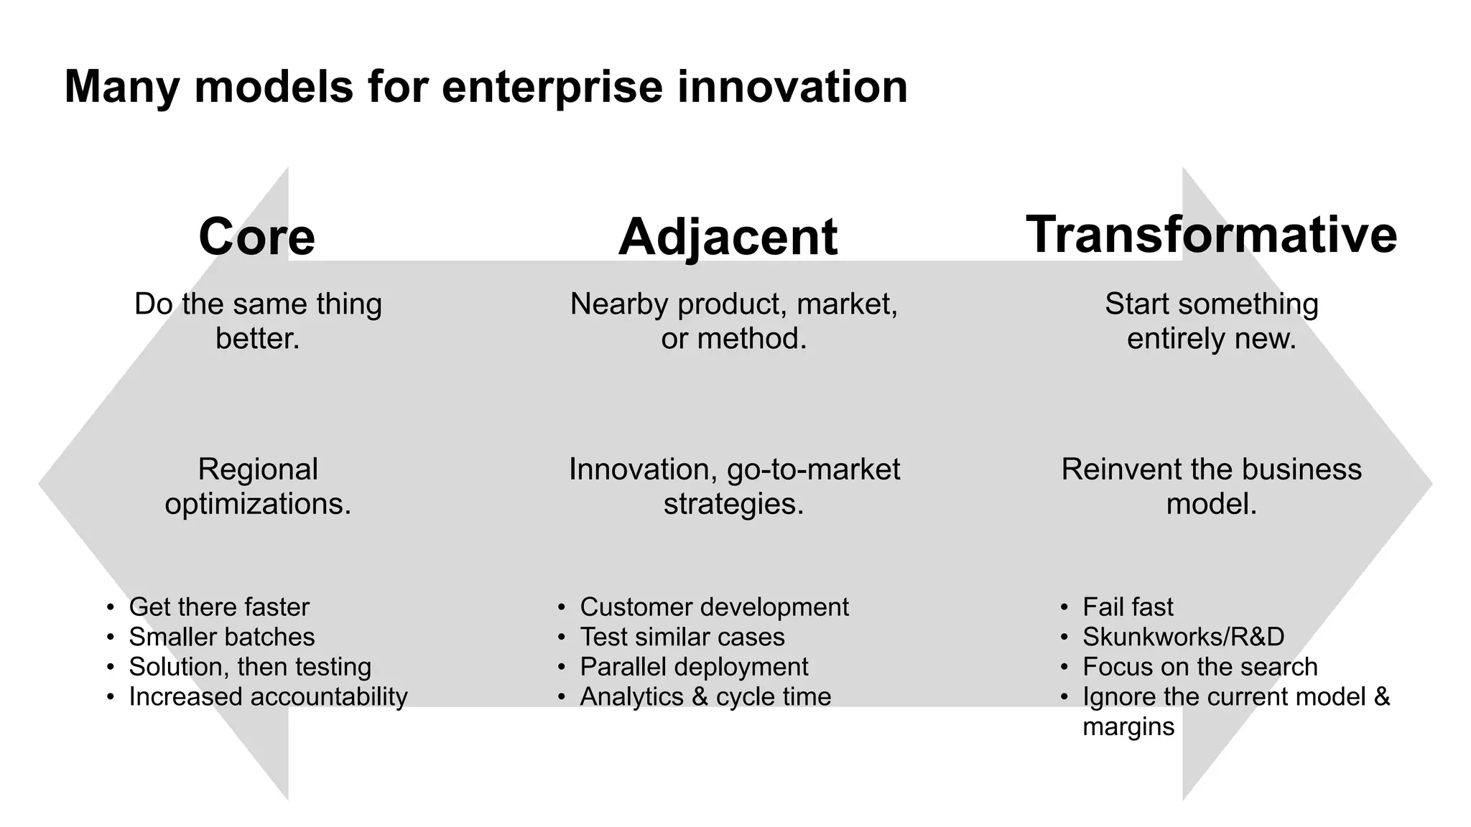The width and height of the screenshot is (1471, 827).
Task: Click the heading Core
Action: coord(256,237)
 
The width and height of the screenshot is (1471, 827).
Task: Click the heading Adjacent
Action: coord(728,238)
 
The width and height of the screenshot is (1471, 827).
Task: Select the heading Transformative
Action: coord(1211,234)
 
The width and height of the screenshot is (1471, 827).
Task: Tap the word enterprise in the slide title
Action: coord(552,87)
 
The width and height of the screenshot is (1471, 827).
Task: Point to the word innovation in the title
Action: coord(792,87)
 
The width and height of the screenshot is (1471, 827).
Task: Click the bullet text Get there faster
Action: coord(219,607)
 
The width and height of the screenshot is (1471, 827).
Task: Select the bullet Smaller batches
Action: coord(222,637)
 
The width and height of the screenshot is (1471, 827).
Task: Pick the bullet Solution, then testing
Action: coord(250,667)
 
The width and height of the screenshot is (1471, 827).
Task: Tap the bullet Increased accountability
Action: coord(268,697)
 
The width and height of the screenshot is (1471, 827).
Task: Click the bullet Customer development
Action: coord(714,607)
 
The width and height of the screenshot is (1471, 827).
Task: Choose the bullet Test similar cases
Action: coord(682,637)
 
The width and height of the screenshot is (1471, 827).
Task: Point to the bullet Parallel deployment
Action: coord(694,667)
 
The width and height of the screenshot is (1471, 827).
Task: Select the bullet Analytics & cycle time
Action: coord(705,697)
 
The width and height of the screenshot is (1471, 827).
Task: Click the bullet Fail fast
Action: coord(1128,607)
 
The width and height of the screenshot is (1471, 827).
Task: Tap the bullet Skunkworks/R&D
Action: coord(1183,637)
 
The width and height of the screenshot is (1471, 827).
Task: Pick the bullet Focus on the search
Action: coord(1200,667)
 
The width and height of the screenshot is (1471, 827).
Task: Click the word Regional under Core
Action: coord(258,470)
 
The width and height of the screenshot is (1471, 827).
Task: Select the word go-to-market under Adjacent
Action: coord(813,470)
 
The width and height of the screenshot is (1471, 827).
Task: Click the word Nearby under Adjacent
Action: coord(619,305)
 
